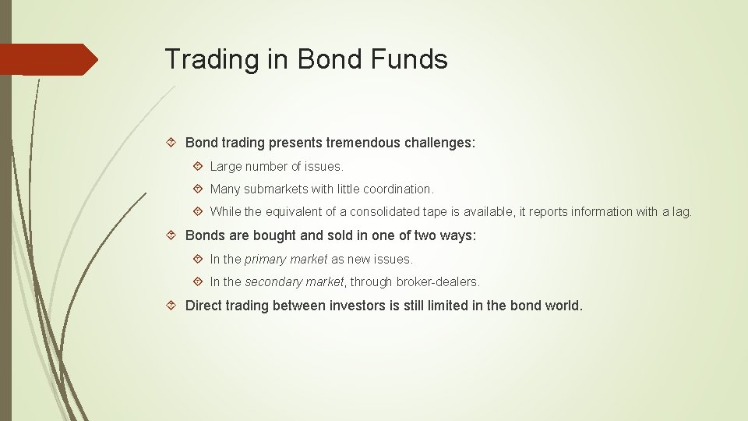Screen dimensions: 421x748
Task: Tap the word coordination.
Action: [397, 189]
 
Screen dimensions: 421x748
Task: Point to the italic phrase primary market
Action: [286, 259]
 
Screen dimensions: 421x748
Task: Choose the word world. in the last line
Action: [563, 306]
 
